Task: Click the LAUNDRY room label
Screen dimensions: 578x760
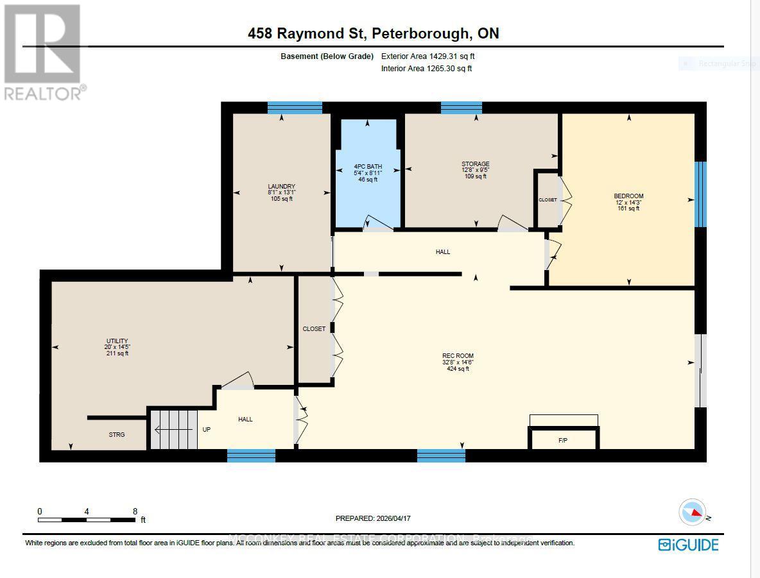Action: (x=281, y=187)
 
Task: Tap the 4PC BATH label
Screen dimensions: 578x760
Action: (x=368, y=168)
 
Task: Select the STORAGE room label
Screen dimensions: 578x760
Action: (x=476, y=164)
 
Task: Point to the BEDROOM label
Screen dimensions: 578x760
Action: (x=628, y=196)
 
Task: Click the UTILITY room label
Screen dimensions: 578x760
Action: (x=117, y=341)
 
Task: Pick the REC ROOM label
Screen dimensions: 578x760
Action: (x=458, y=356)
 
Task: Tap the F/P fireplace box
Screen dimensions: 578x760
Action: (x=563, y=439)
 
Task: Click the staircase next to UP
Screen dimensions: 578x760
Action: (x=174, y=429)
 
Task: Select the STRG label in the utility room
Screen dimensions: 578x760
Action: (x=117, y=435)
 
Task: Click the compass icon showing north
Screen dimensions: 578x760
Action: (x=693, y=512)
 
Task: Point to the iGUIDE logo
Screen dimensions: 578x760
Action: (x=688, y=545)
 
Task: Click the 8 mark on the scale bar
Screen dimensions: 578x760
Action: (x=135, y=512)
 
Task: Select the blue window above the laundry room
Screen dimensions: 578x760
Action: (x=295, y=107)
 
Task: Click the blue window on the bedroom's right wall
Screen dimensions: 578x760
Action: (x=700, y=194)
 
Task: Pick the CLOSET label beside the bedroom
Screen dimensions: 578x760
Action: (x=548, y=200)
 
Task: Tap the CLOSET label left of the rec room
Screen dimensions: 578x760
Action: (x=314, y=329)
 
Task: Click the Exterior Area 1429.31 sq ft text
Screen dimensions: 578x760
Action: (x=429, y=56)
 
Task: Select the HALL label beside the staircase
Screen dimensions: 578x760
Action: (x=245, y=420)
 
